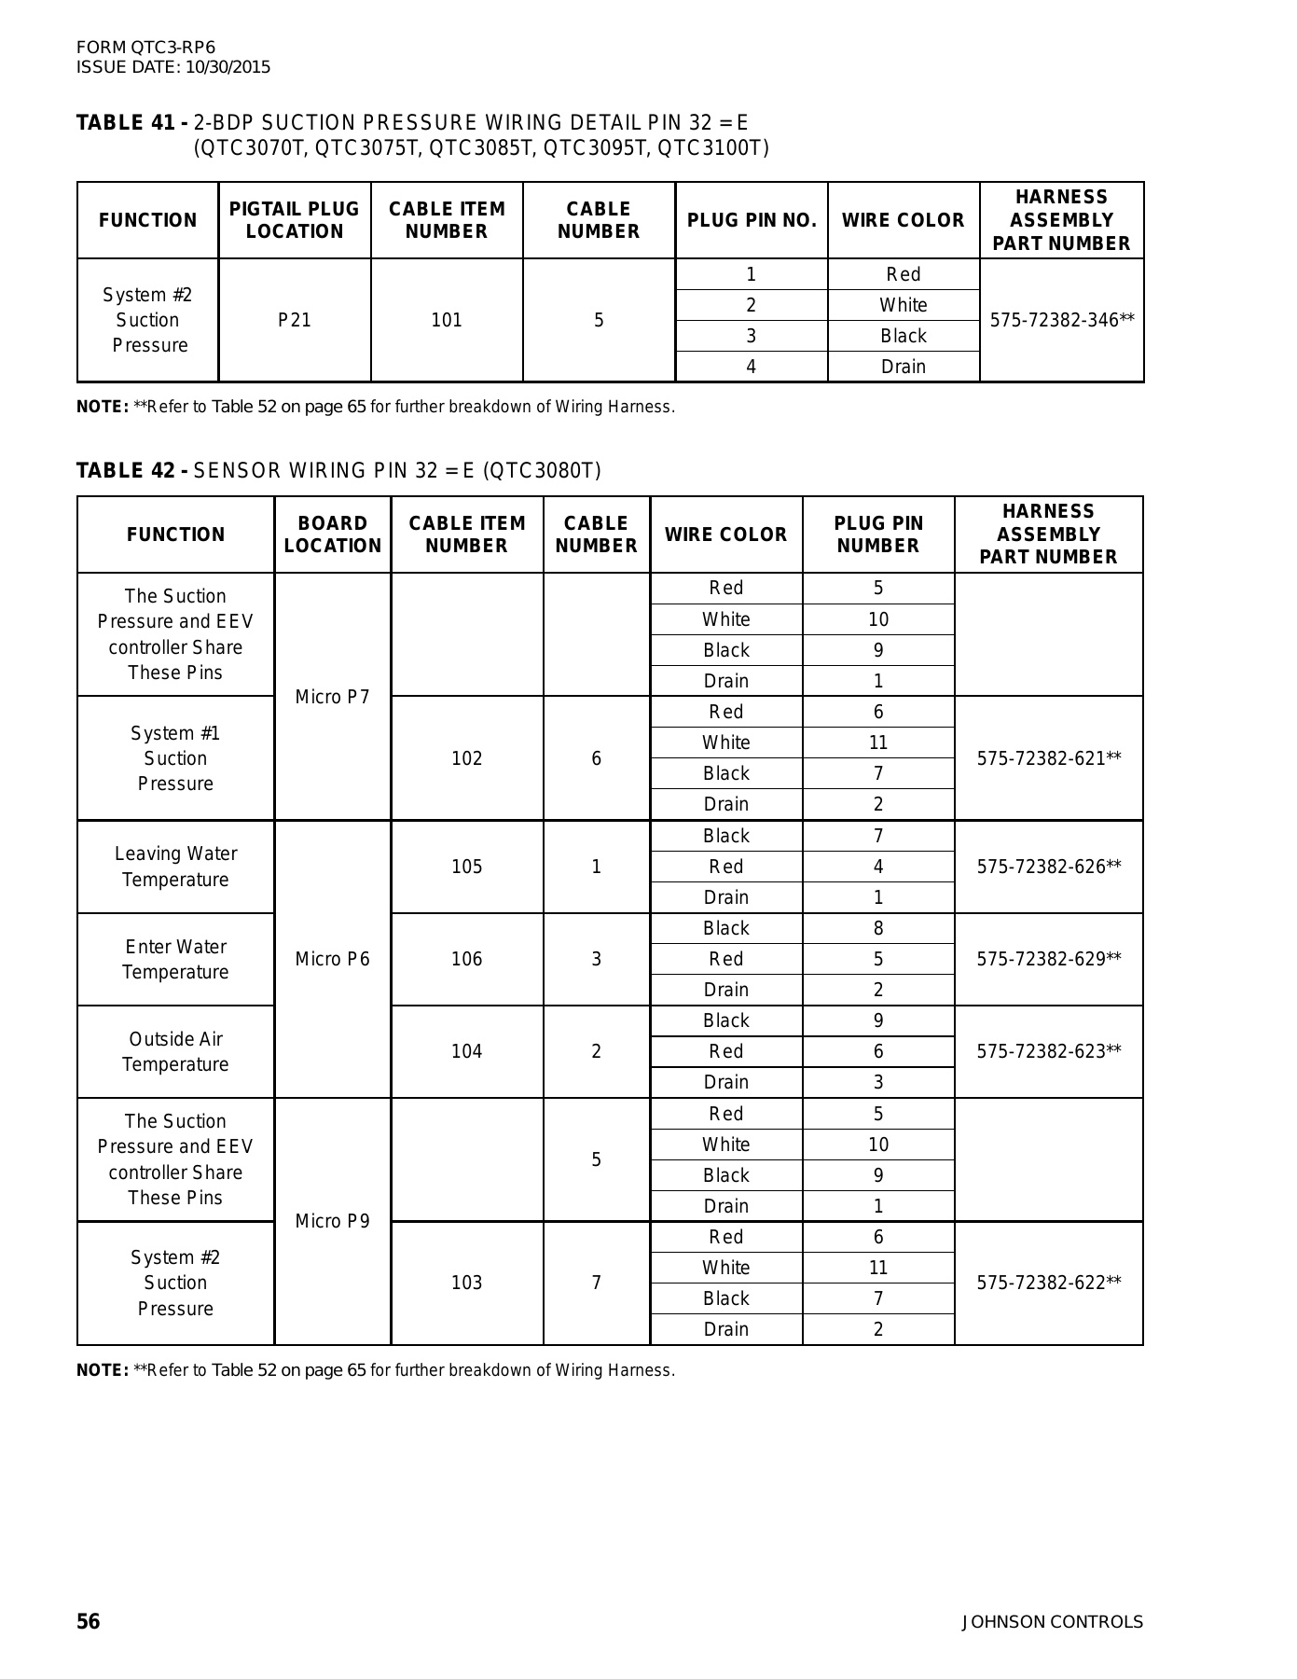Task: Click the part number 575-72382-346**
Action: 1061,320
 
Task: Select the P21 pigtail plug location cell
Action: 295,320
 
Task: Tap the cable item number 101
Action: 447,320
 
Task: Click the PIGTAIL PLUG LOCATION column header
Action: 295,220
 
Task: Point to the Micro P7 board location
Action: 332,697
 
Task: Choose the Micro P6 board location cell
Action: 332,959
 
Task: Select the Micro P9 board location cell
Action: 332,1221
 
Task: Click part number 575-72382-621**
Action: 1048,758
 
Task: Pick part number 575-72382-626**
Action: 1048,867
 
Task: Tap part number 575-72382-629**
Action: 1048,959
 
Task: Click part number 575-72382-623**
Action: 1048,1051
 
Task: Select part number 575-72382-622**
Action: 1048,1283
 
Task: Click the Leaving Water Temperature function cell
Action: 175,867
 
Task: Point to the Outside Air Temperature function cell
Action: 175,1051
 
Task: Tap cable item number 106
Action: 466,959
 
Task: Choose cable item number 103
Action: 466,1283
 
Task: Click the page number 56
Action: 88,1622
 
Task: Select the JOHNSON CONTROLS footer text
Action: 1052,1622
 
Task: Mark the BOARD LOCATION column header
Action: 332,534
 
